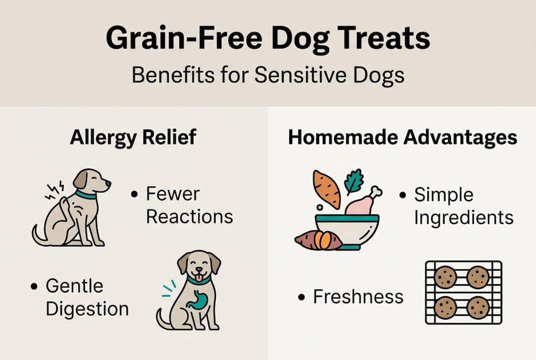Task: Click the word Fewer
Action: point(172,194)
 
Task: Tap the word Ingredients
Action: point(464,217)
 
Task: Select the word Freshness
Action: point(358,296)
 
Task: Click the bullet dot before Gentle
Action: point(34,287)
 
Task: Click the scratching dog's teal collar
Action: point(85,194)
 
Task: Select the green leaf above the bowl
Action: point(354,180)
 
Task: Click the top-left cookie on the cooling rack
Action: point(445,277)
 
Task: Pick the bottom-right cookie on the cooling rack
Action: point(478,307)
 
